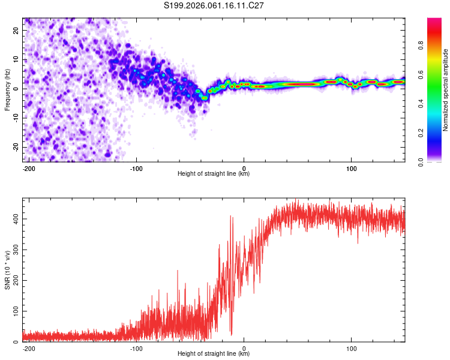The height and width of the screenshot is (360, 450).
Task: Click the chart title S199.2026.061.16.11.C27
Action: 214,5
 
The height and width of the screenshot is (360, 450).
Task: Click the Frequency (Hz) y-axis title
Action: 7,89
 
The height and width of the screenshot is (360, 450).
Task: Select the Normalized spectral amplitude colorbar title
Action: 446,90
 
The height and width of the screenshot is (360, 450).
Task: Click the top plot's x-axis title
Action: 214,174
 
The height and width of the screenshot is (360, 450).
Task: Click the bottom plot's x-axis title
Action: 214,354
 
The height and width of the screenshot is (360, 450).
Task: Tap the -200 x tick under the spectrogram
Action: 28,167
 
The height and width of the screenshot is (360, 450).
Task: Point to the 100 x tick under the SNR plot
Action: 351,347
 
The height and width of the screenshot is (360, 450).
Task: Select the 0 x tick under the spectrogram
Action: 244,167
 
